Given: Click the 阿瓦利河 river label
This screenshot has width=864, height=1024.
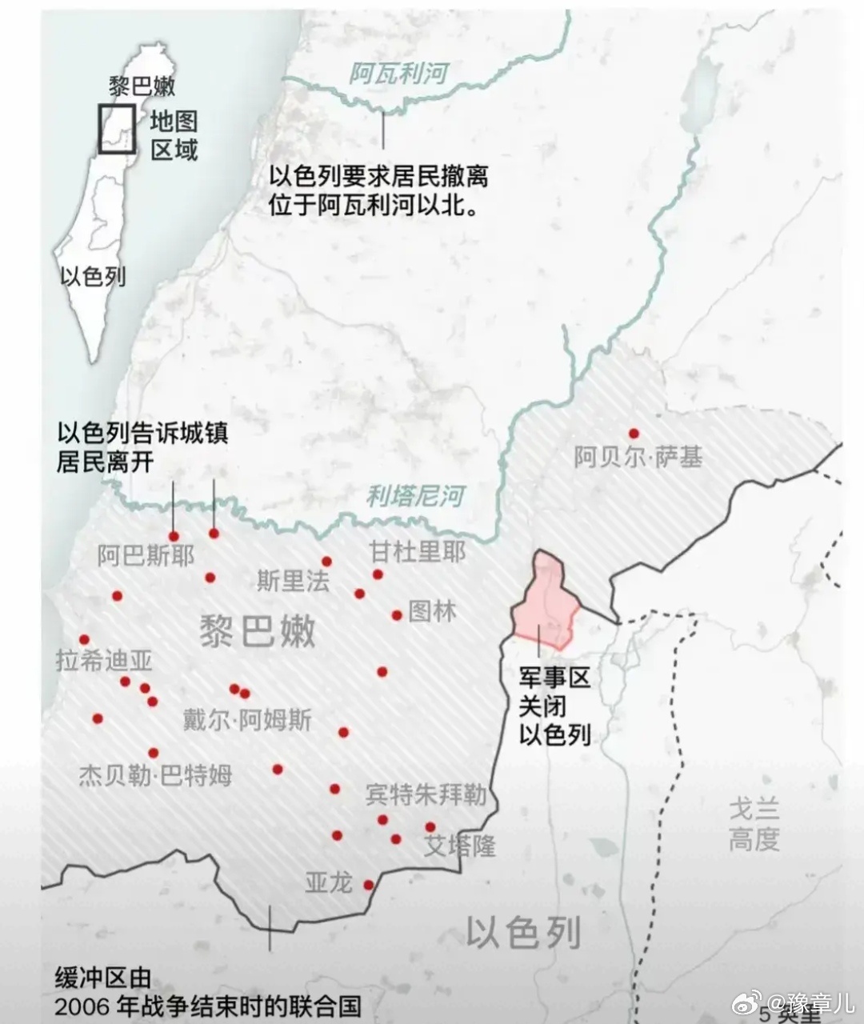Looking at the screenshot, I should coord(398,74).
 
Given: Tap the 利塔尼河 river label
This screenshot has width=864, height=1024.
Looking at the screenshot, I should coord(415,496).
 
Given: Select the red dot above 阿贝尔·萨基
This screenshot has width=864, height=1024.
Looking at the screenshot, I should coord(634,434).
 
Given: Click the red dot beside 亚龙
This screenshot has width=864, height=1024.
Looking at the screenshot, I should coord(368,885).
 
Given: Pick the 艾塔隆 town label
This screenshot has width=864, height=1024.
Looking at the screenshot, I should coord(459,846).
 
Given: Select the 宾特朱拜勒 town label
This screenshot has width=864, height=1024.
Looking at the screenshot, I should coord(425,794).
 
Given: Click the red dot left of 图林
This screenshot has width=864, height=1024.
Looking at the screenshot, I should coord(397,615).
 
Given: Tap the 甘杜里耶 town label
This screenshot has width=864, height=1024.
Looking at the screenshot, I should coord(417,552).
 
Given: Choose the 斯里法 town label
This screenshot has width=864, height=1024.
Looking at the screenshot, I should coord(293,580).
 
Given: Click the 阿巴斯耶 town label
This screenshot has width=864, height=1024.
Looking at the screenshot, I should coord(146,555).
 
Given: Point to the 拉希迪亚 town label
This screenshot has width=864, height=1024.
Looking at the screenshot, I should coord(104,661).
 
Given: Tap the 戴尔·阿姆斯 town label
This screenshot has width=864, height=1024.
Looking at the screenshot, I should coord(247,720).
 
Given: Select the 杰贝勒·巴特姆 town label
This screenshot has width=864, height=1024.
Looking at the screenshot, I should coord(155,775).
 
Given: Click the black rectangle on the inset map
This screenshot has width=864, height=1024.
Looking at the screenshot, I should coord(117,129).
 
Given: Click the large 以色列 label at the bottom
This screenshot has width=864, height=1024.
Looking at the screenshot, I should coord(523,932).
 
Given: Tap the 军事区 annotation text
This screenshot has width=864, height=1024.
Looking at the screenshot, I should coord(554,678).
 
